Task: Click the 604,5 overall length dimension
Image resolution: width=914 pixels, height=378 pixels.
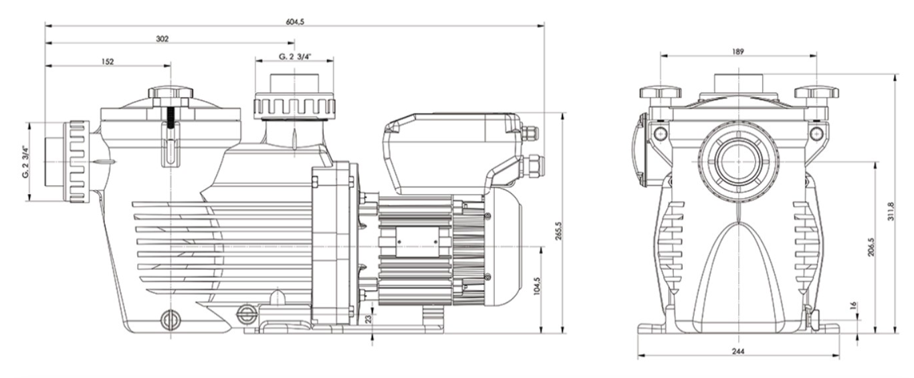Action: pos(295,22)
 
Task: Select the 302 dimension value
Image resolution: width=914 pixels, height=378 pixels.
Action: pos(162,39)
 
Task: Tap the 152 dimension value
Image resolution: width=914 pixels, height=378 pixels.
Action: pos(108,62)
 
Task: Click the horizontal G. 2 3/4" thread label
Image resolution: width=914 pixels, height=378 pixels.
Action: pos(294,57)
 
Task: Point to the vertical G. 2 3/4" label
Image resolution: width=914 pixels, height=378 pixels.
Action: pos(26,162)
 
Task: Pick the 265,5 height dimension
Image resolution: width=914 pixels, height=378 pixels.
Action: pos(558,231)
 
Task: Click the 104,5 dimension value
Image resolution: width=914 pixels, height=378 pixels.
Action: pos(536,286)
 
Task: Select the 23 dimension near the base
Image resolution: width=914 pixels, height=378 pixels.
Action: pos(369,318)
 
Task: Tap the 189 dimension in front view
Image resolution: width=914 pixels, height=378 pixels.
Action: pos(738,52)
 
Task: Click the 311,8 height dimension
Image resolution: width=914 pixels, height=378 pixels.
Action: pos(891,211)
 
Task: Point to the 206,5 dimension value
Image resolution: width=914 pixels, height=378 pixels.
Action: pos(871,248)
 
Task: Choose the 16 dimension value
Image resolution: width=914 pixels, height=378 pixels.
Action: pos(852,306)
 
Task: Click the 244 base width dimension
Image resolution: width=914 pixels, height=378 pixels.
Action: pos(738,351)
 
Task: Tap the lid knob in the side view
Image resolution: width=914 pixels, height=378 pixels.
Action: pos(170,92)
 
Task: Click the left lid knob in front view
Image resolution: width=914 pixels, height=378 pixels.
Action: pos(661,93)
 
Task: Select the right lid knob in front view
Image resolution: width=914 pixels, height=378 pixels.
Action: pos(816,93)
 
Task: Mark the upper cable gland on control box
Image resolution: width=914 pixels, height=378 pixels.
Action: pos(530,132)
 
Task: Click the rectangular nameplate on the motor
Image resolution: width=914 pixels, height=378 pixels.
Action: pos(417,242)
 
